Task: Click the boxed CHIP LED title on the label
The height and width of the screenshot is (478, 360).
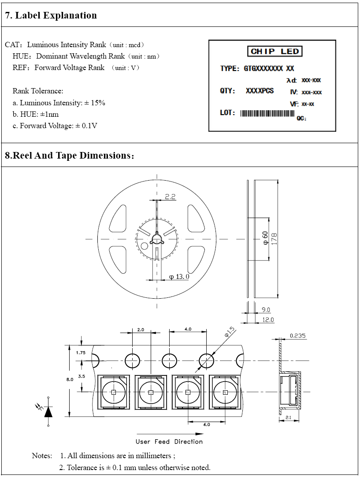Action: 275,52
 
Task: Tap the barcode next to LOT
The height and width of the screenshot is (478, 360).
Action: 267,113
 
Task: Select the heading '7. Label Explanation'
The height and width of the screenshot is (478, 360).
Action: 51,15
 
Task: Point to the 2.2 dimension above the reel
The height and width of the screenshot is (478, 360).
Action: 170,196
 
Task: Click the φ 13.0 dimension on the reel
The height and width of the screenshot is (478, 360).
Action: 179,277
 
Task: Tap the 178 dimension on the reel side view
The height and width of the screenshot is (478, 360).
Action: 274,238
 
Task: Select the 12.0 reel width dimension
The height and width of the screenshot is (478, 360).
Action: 268,319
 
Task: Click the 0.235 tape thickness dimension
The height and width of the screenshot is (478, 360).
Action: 298,336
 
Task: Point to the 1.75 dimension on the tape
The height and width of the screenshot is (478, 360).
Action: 81,352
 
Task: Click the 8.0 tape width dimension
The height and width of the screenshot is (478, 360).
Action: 70,379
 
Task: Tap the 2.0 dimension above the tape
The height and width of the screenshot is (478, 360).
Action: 141,330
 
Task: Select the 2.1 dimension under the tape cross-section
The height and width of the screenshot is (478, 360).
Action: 289,416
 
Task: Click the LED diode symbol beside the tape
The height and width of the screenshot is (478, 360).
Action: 47,411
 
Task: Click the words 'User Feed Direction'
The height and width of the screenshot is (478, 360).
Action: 169,441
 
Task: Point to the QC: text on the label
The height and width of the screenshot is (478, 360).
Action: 302,118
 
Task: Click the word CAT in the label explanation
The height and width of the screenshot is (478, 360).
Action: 12,45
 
